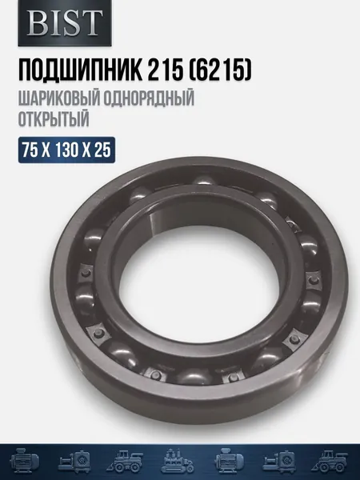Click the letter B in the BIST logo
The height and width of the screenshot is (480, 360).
pyautogui.click(x=38, y=22)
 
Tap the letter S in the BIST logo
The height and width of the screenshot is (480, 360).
pyautogui.click(x=70, y=22)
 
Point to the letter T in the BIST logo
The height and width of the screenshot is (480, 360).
pyautogui.click(x=90, y=22)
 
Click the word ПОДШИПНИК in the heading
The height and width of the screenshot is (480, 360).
pyautogui.click(x=80, y=70)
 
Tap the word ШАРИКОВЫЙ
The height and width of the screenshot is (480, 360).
pyautogui.click(x=59, y=100)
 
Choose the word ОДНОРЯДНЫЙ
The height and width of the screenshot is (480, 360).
pyautogui.click(x=149, y=100)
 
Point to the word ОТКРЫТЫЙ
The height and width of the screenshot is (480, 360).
pyautogui.click(x=54, y=118)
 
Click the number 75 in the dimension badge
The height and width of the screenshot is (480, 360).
pyautogui.click(x=30, y=150)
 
